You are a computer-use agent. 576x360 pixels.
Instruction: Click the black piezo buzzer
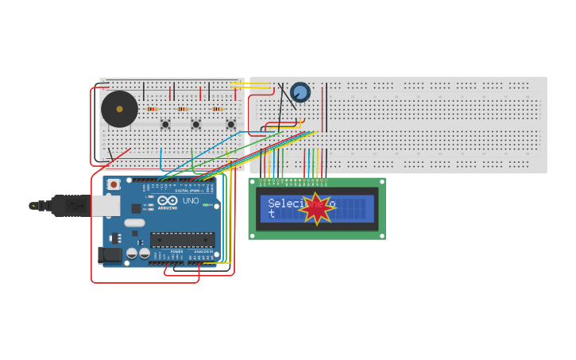point(119,109)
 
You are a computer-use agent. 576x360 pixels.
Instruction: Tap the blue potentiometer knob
point(300,92)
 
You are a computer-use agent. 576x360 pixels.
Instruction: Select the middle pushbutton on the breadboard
point(195,124)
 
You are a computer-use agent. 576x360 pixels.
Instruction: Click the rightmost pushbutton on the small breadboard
point(230,124)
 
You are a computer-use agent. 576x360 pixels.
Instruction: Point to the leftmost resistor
point(152,109)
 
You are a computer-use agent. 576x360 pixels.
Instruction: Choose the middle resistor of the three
point(183,109)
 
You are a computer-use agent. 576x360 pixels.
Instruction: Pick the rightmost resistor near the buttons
point(217,109)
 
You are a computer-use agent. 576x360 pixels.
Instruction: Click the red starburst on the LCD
point(316,208)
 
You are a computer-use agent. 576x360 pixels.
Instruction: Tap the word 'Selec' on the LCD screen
point(282,203)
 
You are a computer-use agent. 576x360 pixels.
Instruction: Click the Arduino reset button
point(114,184)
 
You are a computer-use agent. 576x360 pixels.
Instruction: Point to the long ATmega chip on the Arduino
point(182,239)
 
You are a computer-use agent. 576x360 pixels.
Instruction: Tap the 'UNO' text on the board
point(191,201)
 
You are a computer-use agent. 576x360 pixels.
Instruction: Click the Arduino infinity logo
point(168,201)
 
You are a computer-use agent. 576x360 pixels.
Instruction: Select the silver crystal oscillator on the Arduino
point(134,223)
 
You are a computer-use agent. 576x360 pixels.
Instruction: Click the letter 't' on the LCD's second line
point(271,214)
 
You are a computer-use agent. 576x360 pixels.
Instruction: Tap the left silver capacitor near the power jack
point(132,254)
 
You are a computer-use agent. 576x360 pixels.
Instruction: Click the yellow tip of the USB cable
point(33,206)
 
